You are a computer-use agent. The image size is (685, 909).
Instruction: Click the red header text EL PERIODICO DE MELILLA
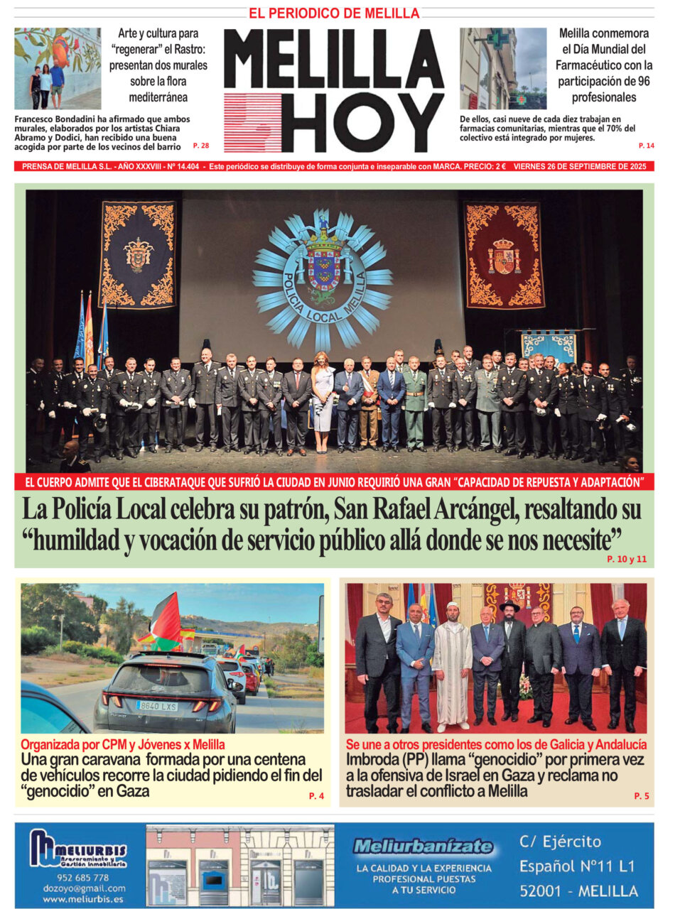334,13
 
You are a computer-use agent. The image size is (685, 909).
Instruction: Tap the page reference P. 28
201,146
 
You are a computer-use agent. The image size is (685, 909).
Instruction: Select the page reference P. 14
646,146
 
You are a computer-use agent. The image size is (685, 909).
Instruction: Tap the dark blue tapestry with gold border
138,254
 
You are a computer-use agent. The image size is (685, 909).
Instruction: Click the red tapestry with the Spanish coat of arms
504,255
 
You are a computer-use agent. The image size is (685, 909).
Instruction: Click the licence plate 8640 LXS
156,706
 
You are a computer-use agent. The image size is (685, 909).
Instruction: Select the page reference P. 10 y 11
627,559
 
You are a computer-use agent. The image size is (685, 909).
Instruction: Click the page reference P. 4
316,796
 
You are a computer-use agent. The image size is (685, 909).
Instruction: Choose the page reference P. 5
641,796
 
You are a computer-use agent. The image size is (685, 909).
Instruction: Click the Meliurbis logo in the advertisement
78,849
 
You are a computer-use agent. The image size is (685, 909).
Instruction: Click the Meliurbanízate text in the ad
424,846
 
